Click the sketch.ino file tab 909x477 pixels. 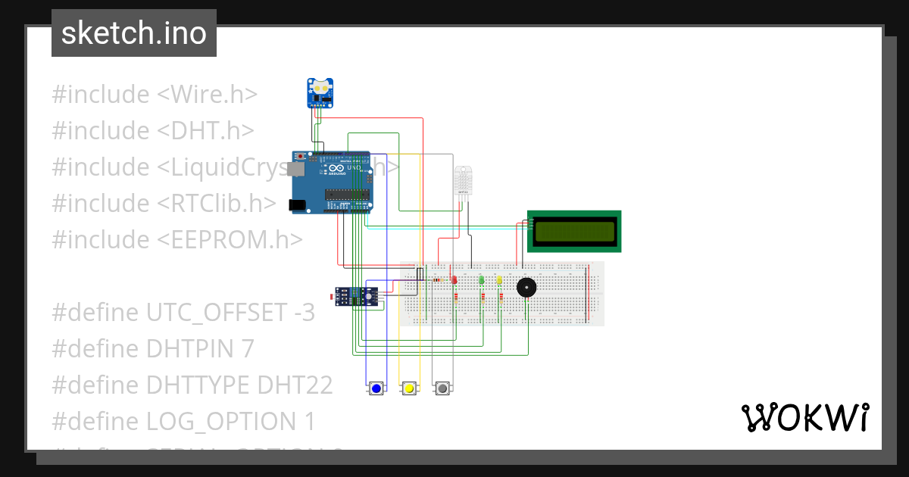(134, 33)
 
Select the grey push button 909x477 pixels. (442, 388)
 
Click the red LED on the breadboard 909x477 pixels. (454, 280)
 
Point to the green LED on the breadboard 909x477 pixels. (482, 280)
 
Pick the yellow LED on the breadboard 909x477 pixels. (499, 280)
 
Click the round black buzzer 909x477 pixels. (526, 288)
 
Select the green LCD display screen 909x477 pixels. (574, 231)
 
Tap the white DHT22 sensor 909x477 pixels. (463, 180)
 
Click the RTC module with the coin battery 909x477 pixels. (320, 92)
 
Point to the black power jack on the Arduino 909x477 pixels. (298, 204)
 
